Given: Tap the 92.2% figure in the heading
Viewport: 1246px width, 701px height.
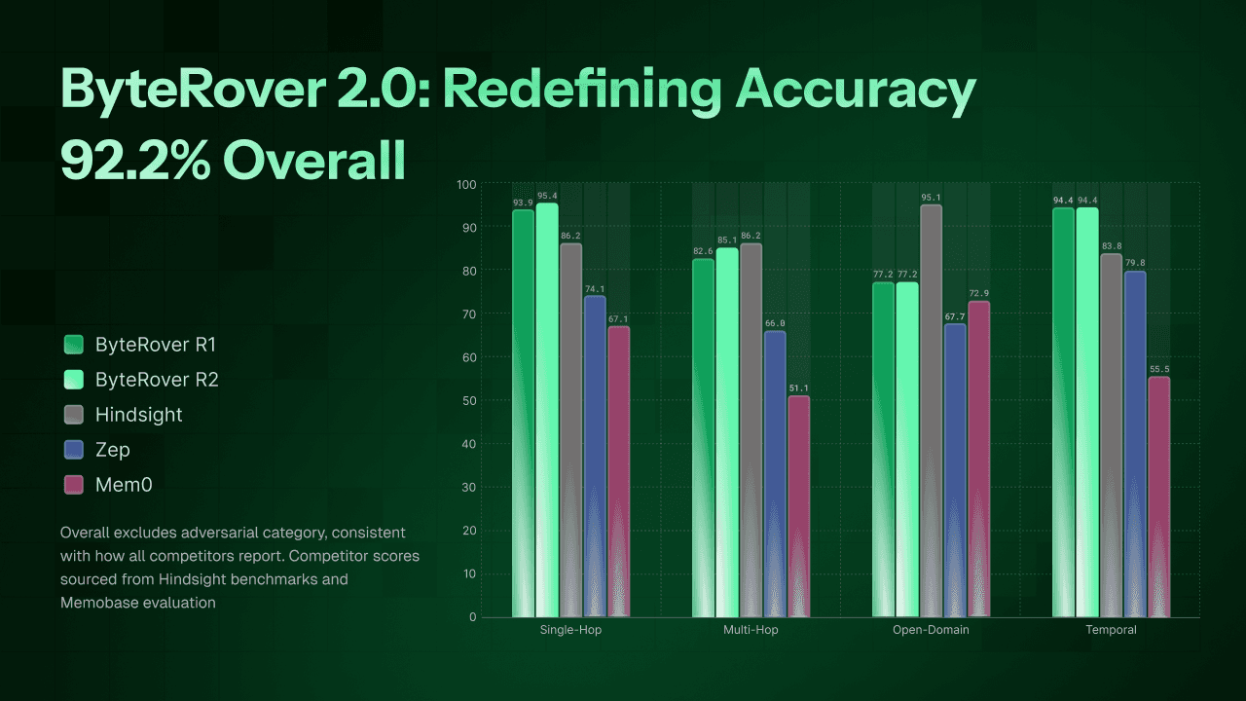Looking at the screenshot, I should click(x=134, y=160).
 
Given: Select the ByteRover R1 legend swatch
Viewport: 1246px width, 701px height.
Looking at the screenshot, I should click(x=74, y=345).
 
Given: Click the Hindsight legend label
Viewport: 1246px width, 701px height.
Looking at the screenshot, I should click(x=138, y=415).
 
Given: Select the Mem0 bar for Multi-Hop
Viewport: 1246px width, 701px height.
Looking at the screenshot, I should click(x=798, y=506).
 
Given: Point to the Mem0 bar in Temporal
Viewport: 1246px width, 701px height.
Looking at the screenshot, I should click(x=1158, y=497).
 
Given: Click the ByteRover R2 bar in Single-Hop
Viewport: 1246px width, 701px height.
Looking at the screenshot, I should click(x=547, y=410).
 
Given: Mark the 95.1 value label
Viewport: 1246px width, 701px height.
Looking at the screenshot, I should click(x=931, y=198).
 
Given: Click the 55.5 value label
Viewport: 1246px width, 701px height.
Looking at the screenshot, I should click(x=1158, y=370).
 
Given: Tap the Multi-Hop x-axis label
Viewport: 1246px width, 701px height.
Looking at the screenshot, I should click(x=751, y=630).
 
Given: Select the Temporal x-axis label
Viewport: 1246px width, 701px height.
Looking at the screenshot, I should click(x=1112, y=630).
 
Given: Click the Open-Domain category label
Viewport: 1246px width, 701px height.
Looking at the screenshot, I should click(x=931, y=630).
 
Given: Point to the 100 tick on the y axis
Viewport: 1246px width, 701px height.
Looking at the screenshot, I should click(x=465, y=184).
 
